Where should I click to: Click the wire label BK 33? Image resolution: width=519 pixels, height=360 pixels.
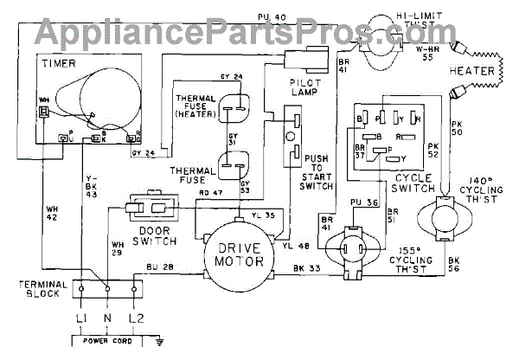305,268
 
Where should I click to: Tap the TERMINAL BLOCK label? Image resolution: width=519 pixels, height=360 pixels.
42,292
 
